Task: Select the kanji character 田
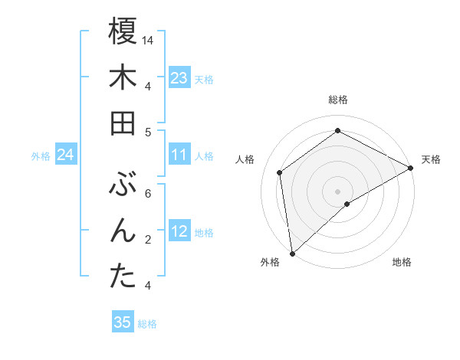123,123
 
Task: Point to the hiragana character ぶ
123,185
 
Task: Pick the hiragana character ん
123,231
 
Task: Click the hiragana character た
123,277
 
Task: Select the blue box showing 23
179,78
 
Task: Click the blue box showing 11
179,155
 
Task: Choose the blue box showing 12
179,232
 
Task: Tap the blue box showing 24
66,155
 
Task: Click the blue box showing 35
123,322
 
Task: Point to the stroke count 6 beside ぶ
148,194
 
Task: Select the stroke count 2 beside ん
148,240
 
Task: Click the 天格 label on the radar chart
431,159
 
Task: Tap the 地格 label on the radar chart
402,262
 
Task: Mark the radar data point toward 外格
292,253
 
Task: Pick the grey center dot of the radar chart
337,190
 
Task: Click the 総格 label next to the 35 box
147,324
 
